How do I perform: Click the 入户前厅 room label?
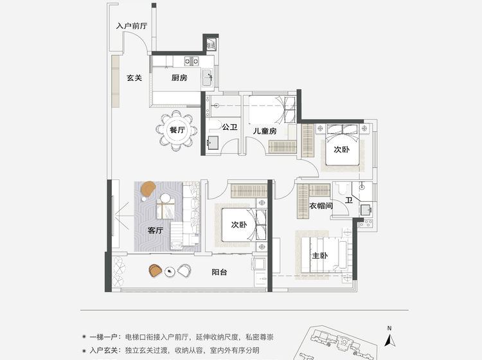(x=132, y=26)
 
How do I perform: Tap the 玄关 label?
(x=134, y=78)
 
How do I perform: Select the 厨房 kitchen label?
(x=179, y=78)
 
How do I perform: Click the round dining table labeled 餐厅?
(x=177, y=130)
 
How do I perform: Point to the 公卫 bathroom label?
(x=229, y=127)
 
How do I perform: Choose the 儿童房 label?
(x=265, y=131)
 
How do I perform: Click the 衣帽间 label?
(x=321, y=206)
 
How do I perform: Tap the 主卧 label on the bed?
(x=319, y=255)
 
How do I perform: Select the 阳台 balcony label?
(x=219, y=272)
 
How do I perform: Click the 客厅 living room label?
(x=156, y=230)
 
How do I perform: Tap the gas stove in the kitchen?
(x=192, y=61)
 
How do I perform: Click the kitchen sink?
(x=207, y=78)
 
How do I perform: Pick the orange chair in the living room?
(x=148, y=188)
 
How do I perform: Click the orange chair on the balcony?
(x=156, y=271)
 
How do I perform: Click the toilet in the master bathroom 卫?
(x=341, y=188)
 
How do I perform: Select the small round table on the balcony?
(x=170, y=271)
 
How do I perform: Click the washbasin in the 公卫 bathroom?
(x=213, y=143)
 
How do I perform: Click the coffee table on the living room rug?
(x=166, y=208)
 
